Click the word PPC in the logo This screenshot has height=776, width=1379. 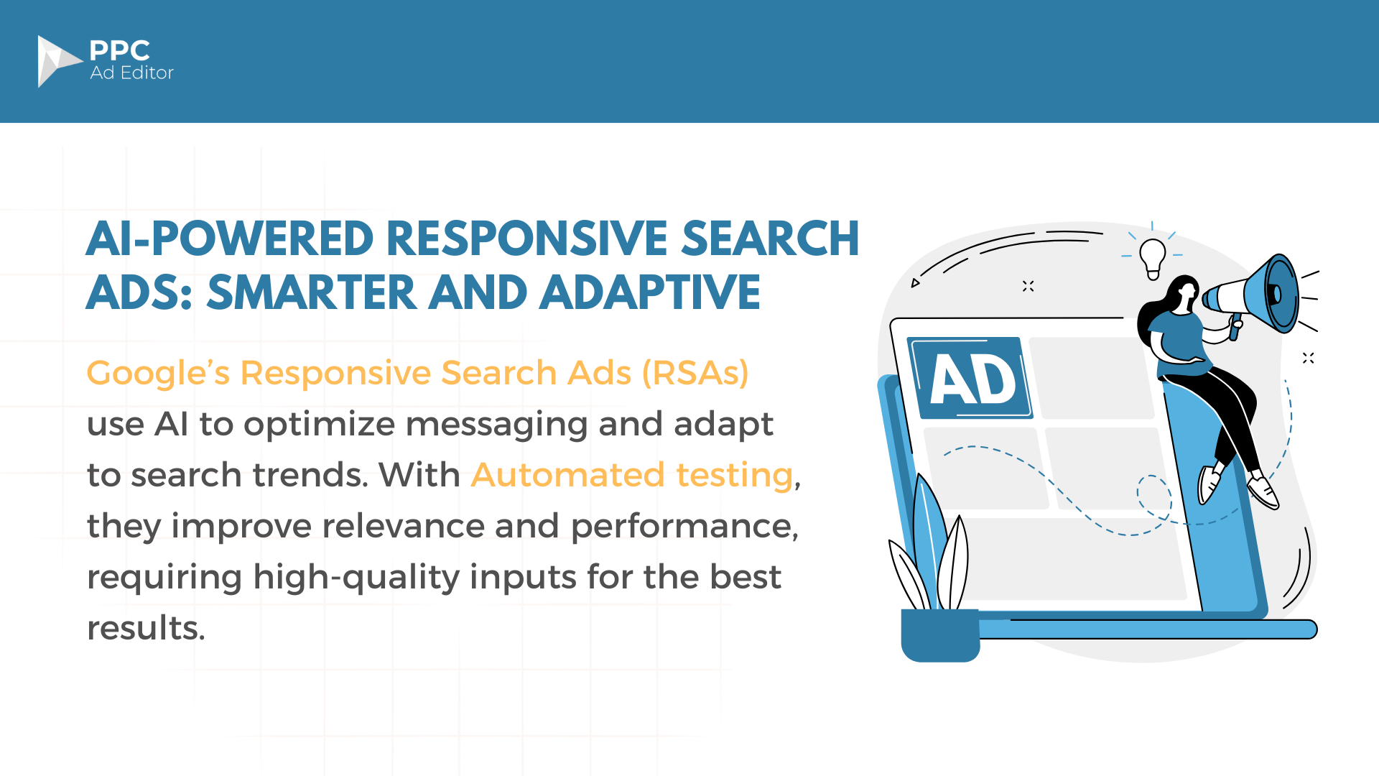(x=120, y=50)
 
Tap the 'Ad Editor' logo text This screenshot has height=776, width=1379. (x=132, y=73)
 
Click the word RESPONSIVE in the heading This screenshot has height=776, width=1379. (x=528, y=239)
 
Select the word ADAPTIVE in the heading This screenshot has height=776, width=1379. (x=650, y=292)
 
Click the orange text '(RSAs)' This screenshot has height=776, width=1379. (x=695, y=373)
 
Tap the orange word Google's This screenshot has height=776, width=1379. (x=159, y=374)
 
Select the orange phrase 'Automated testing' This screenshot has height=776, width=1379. (x=633, y=475)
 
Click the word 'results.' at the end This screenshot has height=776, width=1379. (x=146, y=628)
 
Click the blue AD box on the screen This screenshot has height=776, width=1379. (x=970, y=378)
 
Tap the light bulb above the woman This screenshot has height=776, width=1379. (x=1153, y=258)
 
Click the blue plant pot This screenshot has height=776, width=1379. (x=940, y=635)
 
